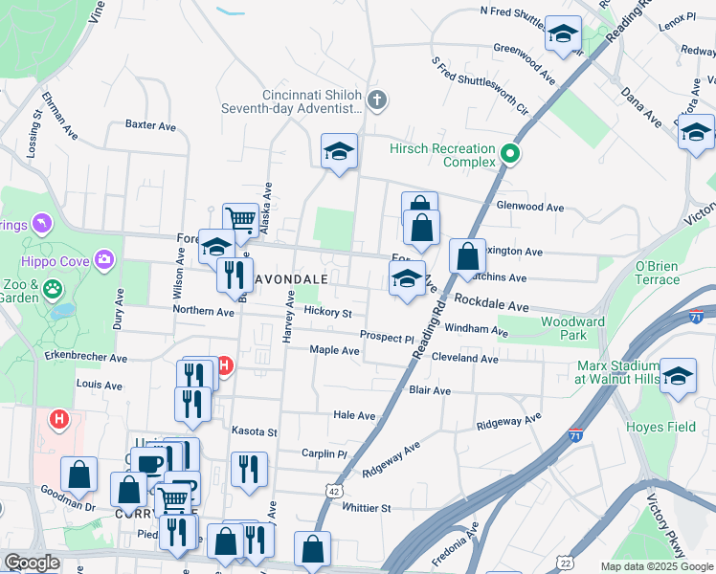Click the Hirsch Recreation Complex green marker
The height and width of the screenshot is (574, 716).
pos(510,153)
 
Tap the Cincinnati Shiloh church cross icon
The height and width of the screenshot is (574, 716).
pos(378,99)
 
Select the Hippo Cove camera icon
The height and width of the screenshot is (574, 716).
pos(104,259)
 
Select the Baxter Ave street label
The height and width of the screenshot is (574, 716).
pos(151,125)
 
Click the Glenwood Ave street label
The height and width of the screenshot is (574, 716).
pos(530,207)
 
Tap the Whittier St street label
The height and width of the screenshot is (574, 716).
pos(367,508)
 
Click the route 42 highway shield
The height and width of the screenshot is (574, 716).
pos(334,489)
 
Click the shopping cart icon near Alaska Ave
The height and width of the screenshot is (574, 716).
pos(240,219)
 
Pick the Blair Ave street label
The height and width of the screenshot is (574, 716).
pos(430,391)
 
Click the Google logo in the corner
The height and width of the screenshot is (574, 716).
pos(32,563)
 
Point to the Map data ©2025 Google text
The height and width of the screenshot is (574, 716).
pos(656,566)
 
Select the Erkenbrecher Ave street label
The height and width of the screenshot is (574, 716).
pos(86,358)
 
